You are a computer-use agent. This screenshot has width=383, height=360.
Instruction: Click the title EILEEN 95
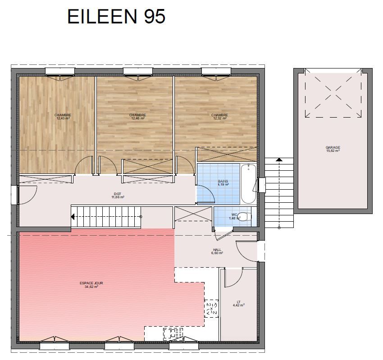116,16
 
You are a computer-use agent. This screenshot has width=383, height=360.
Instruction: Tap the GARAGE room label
333,147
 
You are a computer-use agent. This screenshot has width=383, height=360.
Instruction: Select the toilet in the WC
245,217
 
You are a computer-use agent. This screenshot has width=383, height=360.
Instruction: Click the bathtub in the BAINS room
248,184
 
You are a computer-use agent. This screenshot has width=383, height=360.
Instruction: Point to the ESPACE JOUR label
91,283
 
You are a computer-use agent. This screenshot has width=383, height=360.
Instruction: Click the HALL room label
217,250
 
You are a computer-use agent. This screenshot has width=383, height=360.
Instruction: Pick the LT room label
239,302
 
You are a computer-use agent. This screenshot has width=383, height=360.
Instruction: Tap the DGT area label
118,194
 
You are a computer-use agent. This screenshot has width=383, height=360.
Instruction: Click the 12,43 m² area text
63,118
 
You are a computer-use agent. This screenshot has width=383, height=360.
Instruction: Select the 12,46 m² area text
138,118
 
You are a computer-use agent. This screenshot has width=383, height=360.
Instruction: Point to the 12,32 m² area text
220,118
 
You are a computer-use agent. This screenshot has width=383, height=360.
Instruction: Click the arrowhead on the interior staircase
73,217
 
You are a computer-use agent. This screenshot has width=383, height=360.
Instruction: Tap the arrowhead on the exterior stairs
279,160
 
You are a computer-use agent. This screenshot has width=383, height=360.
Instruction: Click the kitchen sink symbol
173,334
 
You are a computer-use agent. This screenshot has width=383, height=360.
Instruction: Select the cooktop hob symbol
211,309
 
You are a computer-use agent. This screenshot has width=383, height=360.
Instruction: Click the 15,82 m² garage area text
333,150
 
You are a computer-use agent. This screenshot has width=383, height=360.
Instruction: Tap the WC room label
234,215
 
